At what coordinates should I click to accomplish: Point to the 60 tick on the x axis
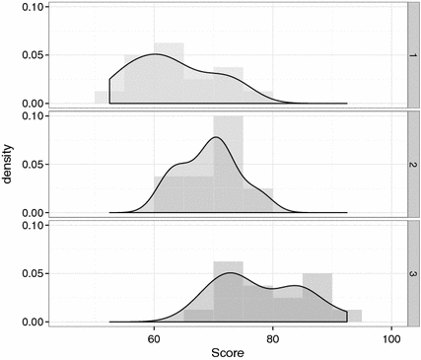(x=154, y=336)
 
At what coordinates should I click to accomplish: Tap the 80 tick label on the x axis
(x=273, y=336)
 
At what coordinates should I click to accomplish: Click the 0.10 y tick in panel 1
(x=33, y=7)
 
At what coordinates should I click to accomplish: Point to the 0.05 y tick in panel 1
(x=33, y=55)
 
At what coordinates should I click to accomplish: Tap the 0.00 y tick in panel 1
(x=33, y=104)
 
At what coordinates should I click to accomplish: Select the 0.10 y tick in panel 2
(x=33, y=116)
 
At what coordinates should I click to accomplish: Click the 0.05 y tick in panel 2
(x=33, y=165)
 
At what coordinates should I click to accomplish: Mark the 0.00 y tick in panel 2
(x=33, y=213)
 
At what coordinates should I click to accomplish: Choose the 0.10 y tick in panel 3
(x=33, y=226)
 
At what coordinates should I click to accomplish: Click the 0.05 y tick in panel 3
(x=33, y=273)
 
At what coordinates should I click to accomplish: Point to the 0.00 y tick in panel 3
(x=33, y=322)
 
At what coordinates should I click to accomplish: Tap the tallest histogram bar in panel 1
(x=169, y=74)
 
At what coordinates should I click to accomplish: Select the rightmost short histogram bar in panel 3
(x=354, y=316)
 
